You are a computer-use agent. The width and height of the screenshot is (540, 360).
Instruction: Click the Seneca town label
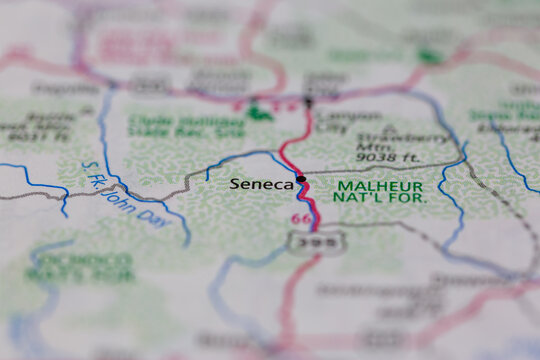[x=262, y=184]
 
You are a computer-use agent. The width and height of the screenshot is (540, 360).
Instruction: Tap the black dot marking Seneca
[x=301, y=180]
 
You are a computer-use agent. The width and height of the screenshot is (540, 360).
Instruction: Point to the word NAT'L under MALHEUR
[x=358, y=199]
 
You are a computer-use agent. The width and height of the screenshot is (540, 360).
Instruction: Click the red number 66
[x=299, y=219]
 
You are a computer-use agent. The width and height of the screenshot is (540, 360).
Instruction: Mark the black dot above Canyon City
[x=308, y=102]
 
